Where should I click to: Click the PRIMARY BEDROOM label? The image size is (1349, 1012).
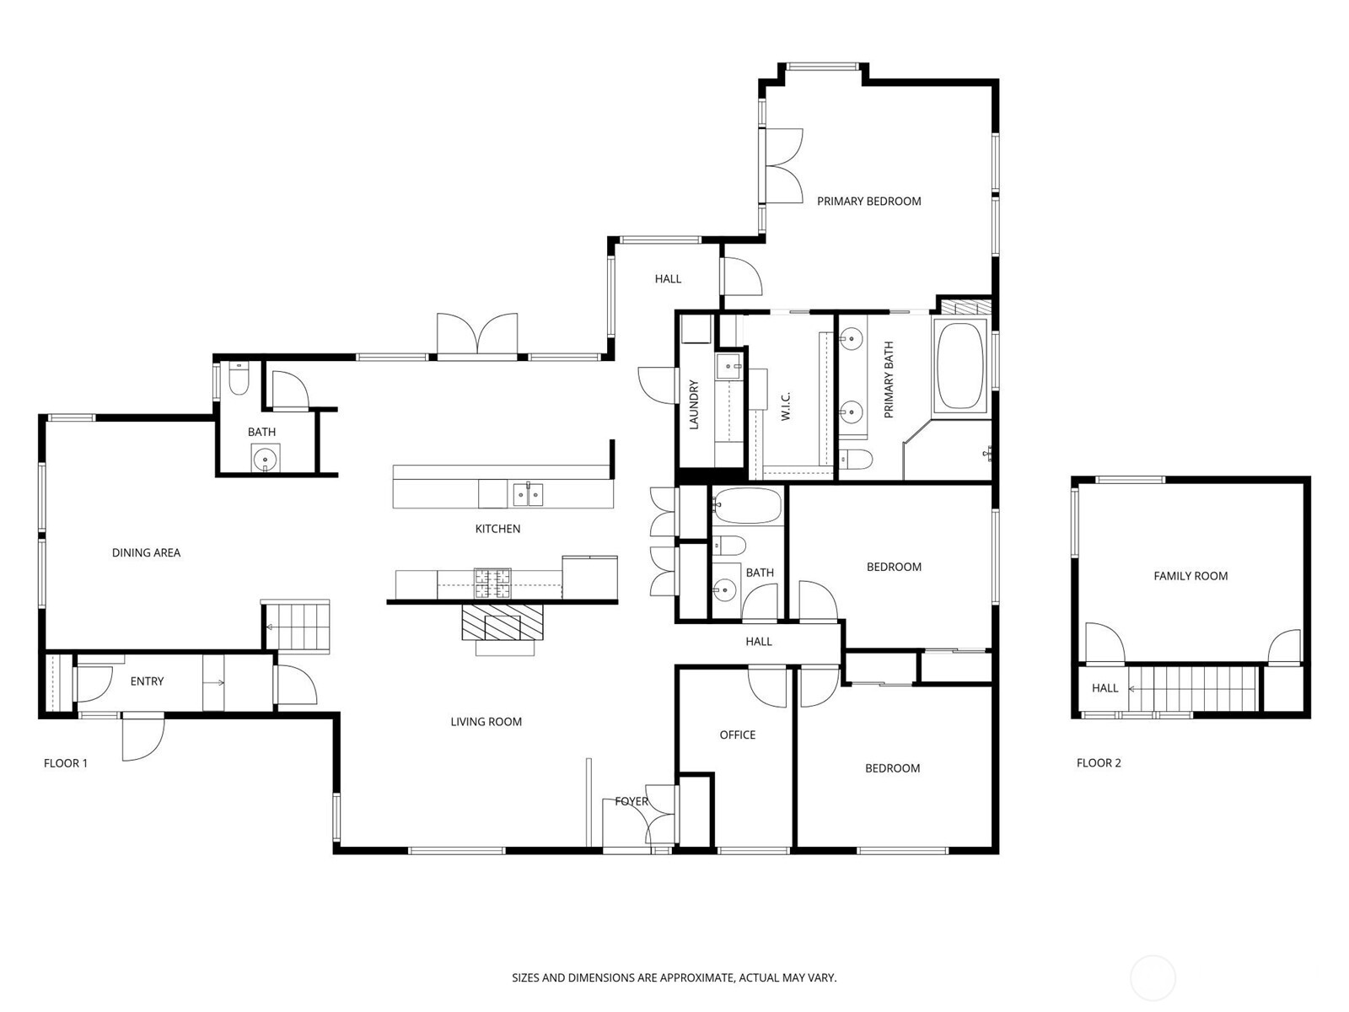coord(868,201)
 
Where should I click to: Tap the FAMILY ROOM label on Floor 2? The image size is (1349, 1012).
coord(1190,576)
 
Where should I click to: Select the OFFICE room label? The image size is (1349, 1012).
coord(737,735)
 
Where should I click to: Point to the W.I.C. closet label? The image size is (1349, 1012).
coord(786,406)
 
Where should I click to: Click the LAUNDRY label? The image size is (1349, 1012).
coord(694,405)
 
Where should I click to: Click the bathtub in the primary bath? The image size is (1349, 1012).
coord(959,366)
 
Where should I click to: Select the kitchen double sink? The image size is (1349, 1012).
coord(528,494)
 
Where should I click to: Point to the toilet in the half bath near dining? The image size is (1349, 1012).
coord(239,380)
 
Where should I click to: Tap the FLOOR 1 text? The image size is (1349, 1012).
coord(66,763)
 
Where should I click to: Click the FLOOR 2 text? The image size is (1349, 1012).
coord(1099,763)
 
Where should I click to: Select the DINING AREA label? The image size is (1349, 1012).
coord(146,552)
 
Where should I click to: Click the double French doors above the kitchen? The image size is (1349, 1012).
coord(477,335)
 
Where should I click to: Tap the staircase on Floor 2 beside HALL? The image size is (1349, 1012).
coord(1193,688)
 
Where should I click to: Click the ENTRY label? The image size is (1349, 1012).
coord(147,681)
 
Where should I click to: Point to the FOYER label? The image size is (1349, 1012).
coord(632,801)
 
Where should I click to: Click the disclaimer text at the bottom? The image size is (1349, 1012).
coord(674,978)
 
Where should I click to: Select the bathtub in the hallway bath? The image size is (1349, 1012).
coord(748,506)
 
